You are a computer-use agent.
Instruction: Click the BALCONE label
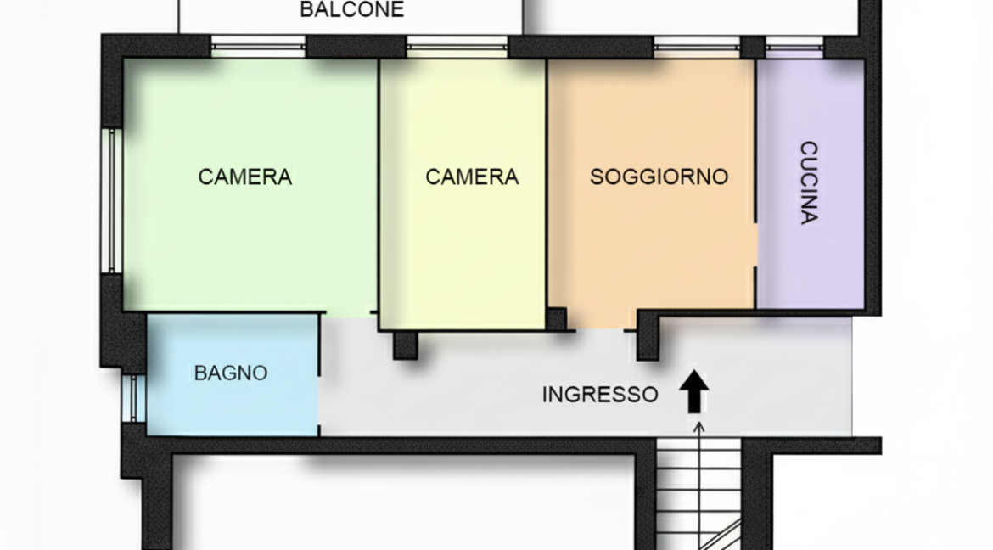coord(351,10)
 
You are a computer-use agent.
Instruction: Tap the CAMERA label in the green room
coord(244,177)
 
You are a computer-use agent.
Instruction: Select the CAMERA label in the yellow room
coord(472,177)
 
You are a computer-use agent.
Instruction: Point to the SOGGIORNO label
coord(659,177)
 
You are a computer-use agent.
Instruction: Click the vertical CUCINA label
coord(809,182)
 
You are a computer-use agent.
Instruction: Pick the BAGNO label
coord(231,373)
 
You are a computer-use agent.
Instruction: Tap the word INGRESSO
coord(599,395)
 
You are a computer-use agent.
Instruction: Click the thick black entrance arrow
coord(694,391)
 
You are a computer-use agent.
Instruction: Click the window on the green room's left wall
coord(109,200)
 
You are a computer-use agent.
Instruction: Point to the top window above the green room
coord(258,47)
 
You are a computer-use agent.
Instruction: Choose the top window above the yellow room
coord(457,47)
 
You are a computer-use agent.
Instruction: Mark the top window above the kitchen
coord(794,47)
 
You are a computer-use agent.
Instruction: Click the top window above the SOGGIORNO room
coord(696,47)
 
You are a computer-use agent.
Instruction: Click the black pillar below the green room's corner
coord(406,345)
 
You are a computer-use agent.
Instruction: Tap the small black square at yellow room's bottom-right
coord(556,319)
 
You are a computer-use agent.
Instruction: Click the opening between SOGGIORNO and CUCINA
coord(755,245)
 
